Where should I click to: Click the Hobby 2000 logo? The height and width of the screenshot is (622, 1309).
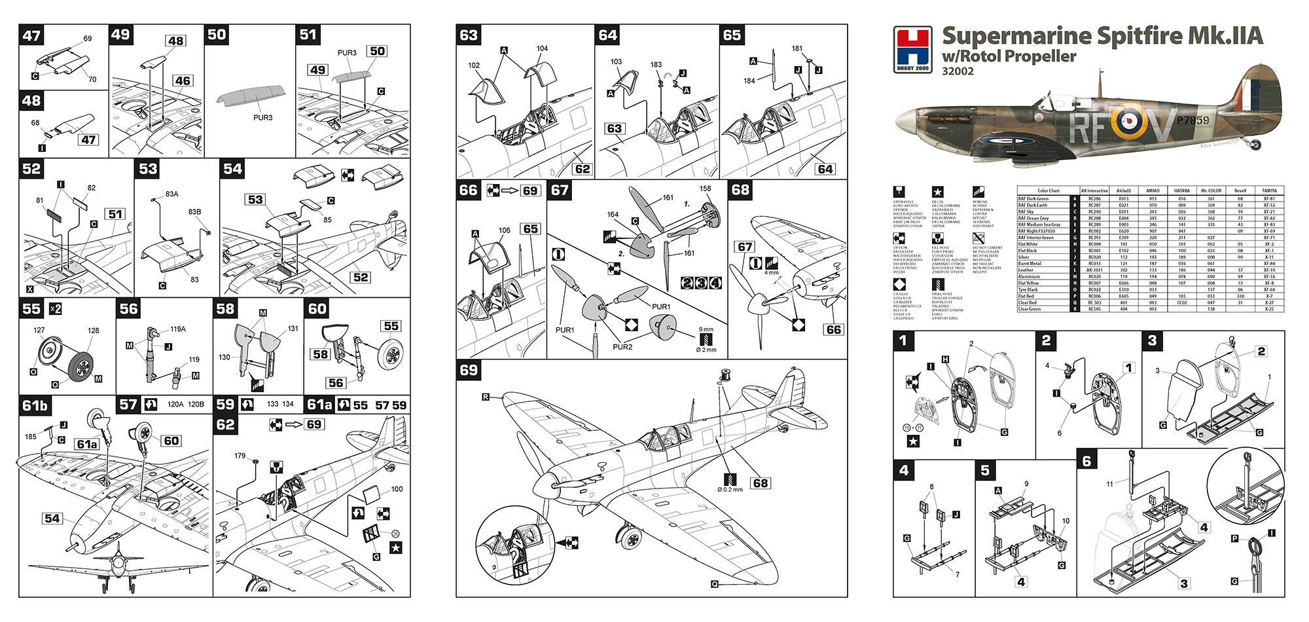point(913,49)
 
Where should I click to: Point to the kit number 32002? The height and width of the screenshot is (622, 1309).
point(958,71)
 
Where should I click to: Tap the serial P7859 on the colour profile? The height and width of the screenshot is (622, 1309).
point(1192,120)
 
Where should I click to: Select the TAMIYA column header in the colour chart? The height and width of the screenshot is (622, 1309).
point(1269,191)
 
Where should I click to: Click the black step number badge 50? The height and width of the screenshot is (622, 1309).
point(217,35)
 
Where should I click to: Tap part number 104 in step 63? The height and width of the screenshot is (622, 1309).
point(542,48)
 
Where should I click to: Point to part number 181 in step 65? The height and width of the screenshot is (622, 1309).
point(797,48)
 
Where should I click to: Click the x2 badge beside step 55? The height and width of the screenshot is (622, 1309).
point(56,309)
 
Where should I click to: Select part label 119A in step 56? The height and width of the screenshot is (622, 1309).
point(178,329)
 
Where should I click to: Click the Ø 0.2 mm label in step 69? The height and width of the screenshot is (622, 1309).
point(730,489)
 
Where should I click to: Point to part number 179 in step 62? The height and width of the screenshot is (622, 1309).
point(240,456)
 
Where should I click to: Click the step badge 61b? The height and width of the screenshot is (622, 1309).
point(35,406)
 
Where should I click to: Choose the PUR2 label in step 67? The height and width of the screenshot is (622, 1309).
point(622,347)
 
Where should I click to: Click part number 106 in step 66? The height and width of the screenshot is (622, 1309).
point(504,230)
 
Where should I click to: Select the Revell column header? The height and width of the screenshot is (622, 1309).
point(1240,191)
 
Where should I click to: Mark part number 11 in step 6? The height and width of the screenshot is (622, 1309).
point(1109,484)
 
